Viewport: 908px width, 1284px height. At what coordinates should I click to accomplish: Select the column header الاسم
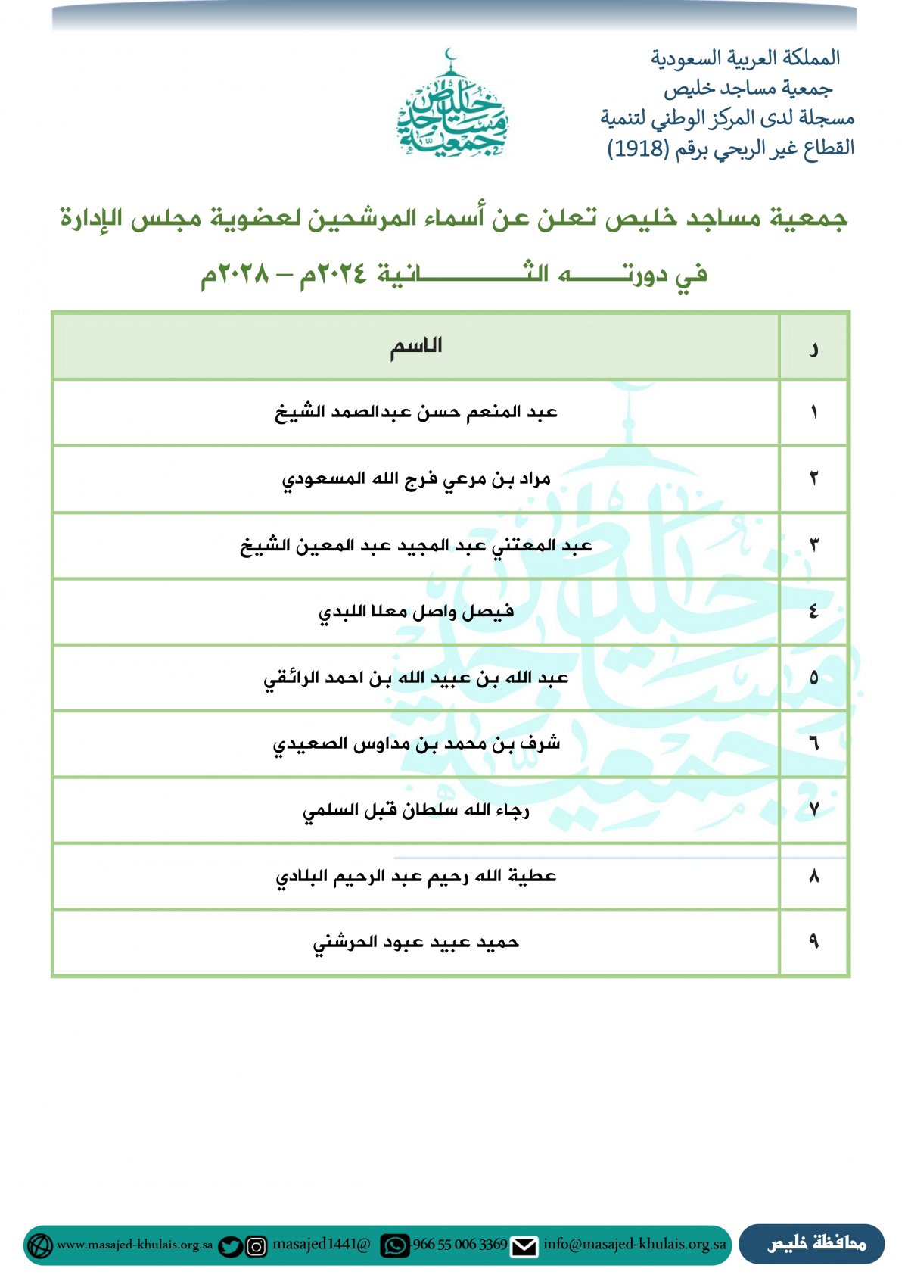tap(415, 347)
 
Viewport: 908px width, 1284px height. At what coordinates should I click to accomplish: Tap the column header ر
tap(813, 348)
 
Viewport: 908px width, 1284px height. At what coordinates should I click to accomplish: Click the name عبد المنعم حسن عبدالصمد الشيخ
tap(415, 413)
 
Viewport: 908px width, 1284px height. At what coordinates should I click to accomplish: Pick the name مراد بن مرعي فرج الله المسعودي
tap(415, 479)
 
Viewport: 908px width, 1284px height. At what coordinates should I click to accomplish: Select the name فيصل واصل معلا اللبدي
tap(415, 612)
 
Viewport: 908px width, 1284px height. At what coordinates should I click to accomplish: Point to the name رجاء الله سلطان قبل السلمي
tap(415, 811)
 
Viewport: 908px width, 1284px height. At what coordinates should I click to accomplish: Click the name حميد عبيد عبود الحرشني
tap(415, 943)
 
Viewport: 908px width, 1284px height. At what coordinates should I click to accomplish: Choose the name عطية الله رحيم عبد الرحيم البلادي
tap(415, 877)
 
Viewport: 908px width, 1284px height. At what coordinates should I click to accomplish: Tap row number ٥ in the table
tap(813, 678)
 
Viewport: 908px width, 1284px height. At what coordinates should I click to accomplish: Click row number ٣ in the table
tap(813, 545)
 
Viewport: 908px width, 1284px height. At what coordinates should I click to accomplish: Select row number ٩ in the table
tap(813, 943)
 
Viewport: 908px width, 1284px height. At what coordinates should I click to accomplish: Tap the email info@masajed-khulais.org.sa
tap(634, 1244)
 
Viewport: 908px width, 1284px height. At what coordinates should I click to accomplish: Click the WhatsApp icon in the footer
tap(394, 1246)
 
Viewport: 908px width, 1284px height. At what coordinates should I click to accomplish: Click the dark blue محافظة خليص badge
tap(812, 1244)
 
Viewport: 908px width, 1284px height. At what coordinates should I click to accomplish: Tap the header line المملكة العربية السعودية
tap(745, 58)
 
